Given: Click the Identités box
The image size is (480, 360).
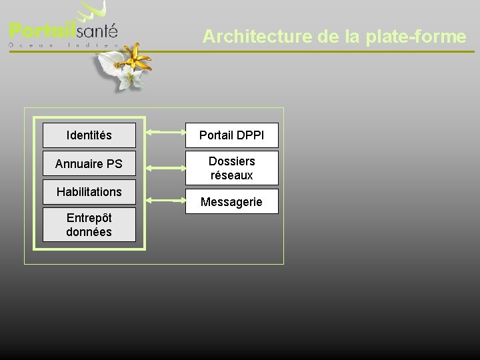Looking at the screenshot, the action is pyautogui.click(x=89, y=135).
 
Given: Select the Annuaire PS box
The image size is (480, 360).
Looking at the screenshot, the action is pyautogui.click(x=89, y=163).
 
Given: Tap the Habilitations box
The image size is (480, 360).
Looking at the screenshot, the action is pyautogui.click(x=89, y=192).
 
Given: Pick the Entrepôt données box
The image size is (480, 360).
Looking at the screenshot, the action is pyautogui.click(x=89, y=225).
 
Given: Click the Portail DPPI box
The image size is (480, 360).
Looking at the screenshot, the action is pyautogui.click(x=231, y=135).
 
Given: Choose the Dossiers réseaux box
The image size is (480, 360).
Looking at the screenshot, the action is pyautogui.click(x=231, y=168).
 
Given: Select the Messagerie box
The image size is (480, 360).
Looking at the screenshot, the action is pyautogui.click(x=231, y=201).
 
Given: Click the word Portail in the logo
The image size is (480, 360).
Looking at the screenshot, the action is pyautogui.click(x=41, y=31).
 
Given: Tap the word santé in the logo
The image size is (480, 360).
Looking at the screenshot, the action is pyautogui.click(x=97, y=31).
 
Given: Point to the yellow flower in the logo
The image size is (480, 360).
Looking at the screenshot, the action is pyautogui.click(x=139, y=58).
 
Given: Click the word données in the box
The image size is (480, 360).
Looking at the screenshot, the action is pyautogui.click(x=89, y=232).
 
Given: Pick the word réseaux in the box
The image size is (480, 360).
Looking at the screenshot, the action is pyautogui.click(x=231, y=175).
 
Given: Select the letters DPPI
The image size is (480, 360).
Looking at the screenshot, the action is pyautogui.click(x=249, y=135).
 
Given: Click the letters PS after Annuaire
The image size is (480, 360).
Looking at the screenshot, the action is pyautogui.click(x=114, y=163).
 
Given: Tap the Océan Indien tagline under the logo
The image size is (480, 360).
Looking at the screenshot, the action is pyautogui.click(x=63, y=45).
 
